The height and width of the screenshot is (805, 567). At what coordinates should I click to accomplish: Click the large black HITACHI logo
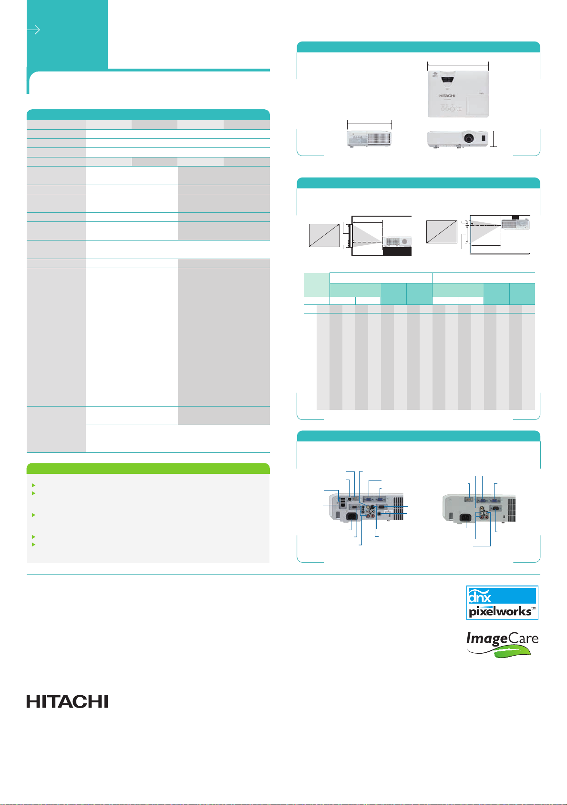click(67, 701)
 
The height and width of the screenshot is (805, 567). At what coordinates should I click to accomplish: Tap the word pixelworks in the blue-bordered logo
click(500, 611)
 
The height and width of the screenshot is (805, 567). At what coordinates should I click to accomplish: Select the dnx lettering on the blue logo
click(479, 596)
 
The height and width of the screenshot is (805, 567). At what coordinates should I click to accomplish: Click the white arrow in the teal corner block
click(33, 30)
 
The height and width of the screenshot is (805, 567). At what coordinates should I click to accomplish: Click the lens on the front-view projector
click(469, 137)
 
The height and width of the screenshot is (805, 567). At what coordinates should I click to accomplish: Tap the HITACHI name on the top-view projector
click(447, 96)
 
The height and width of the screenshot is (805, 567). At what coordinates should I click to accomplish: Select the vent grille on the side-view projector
click(379, 138)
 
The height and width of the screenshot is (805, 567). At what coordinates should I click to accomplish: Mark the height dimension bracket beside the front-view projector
click(494, 139)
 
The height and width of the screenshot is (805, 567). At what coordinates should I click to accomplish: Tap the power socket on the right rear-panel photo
click(466, 518)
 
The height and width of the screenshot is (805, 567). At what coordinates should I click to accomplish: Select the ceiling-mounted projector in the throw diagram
click(515, 223)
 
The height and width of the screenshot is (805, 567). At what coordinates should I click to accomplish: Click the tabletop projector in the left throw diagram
click(397, 242)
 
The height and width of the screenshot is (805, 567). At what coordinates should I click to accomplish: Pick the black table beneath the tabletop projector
click(397, 251)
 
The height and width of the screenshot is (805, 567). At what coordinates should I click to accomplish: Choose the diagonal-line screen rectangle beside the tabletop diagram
click(324, 235)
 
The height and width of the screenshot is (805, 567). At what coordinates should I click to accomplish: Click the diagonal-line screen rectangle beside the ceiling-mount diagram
click(442, 232)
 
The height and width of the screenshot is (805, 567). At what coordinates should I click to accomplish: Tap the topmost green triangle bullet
click(33, 485)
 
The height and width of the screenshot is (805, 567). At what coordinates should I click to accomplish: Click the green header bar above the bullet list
click(148, 468)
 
